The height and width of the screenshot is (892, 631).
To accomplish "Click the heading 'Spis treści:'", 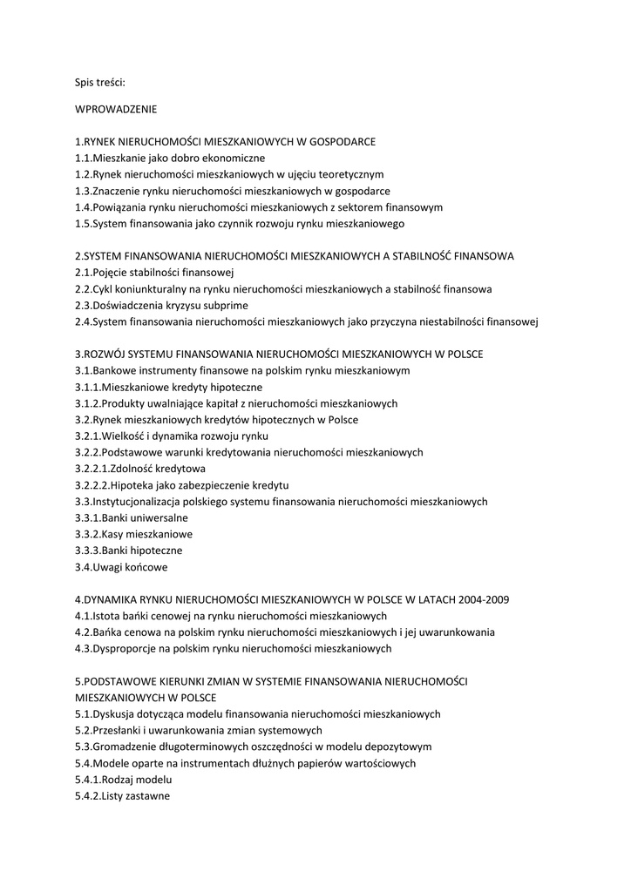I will tap(100, 83).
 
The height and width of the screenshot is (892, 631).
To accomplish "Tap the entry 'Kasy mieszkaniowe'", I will tap(147, 534).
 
